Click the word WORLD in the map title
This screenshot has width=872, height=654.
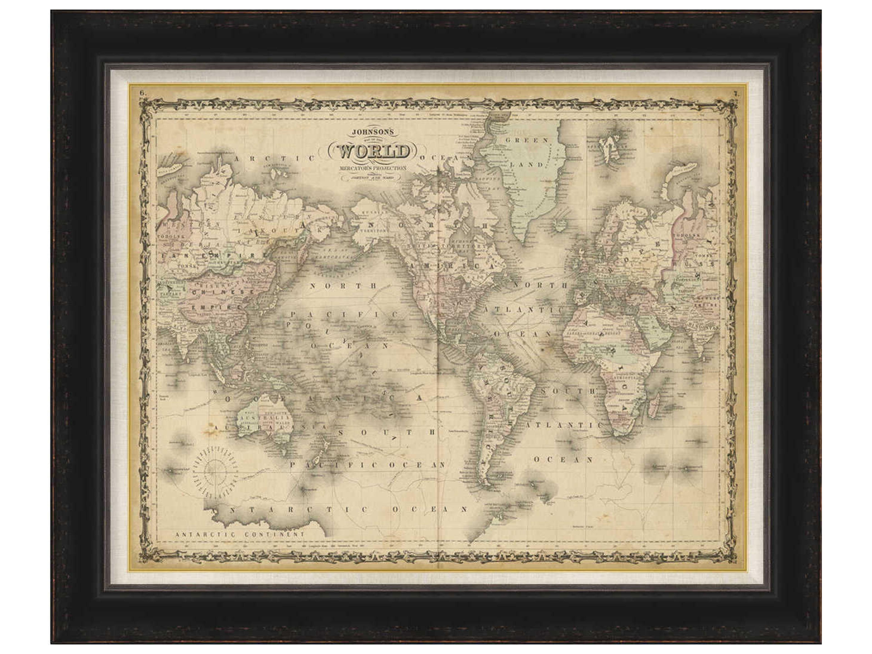click(x=372, y=151)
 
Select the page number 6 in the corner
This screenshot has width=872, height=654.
click(x=143, y=93)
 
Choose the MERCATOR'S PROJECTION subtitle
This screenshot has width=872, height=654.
click(x=372, y=168)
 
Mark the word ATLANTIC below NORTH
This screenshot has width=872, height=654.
click(x=522, y=310)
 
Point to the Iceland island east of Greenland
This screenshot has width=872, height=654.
click(x=559, y=225)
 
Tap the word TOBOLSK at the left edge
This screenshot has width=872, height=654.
click(x=168, y=237)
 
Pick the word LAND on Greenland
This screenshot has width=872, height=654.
click(x=527, y=165)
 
